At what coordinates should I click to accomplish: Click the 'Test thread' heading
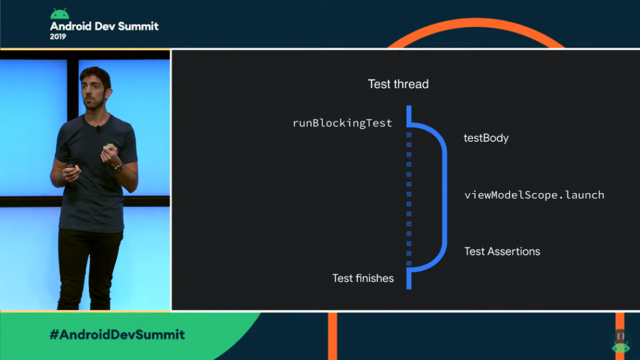(x=398, y=84)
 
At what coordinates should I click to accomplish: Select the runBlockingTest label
(x=342, y=123)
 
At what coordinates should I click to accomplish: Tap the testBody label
(x=486, y=138)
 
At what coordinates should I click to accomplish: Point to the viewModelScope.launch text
(x=534, y=195)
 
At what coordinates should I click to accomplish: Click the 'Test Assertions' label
(x=502, y=251)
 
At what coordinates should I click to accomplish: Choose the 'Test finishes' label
(x=362, y=278)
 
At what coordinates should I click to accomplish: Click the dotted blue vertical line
(x=409, y=200)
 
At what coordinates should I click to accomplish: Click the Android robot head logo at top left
(x=59, y=14)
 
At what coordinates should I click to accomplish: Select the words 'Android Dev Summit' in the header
(x=104, y=26)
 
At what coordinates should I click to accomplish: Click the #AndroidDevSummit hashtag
(x=117, y=334)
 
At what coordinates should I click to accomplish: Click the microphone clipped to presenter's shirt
(x=98, y=129)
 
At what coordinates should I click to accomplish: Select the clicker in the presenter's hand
(x=71, y=167)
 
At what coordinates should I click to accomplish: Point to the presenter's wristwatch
(x=117, y=167)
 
